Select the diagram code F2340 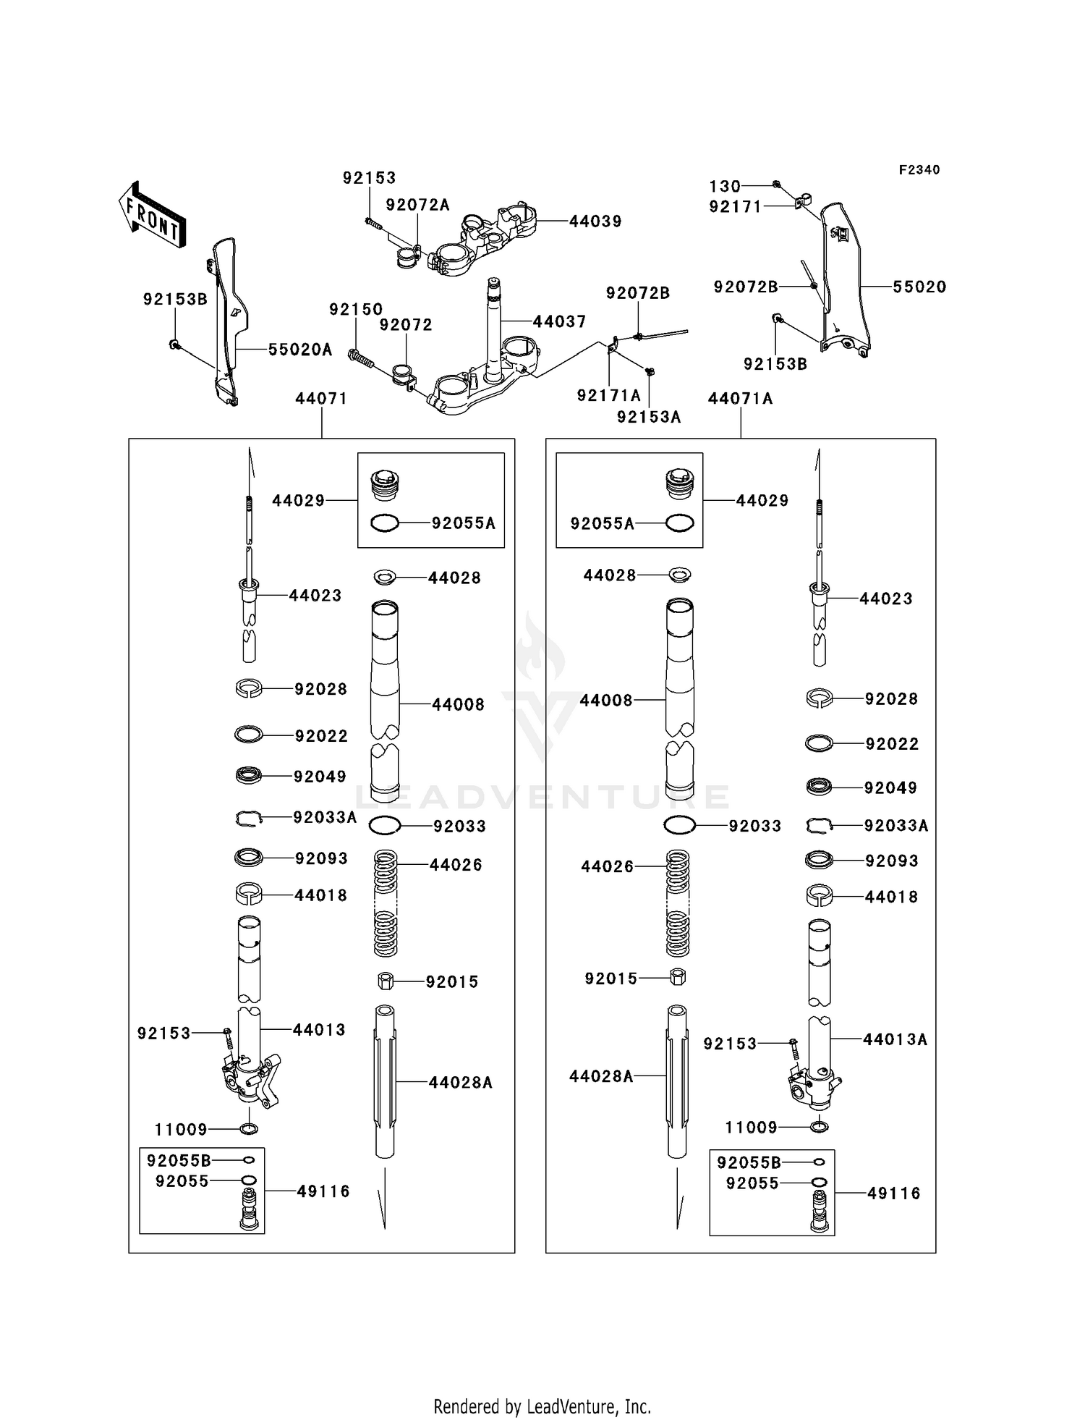click(x=919, y=170)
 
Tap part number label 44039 click(x=595, y=221)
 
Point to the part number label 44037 click(x=559, y=321)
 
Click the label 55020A click(x=300, y=350)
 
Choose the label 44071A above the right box click(x=740, y=399)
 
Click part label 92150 click(x=356, y=310)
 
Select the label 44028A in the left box click(x=460, y=1083)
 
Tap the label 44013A click(x=895, y=1039)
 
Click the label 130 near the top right click(x=724, y=186)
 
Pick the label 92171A click(x=609, y=395)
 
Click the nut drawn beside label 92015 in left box click(x=385, y=981)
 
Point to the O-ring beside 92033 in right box click(x=679, y=825)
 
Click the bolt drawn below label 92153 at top click(x=373, y=224)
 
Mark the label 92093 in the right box click(x=891, y=861)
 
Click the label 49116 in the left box click(x=323, y=1191)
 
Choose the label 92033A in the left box click(x=325, y=818)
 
